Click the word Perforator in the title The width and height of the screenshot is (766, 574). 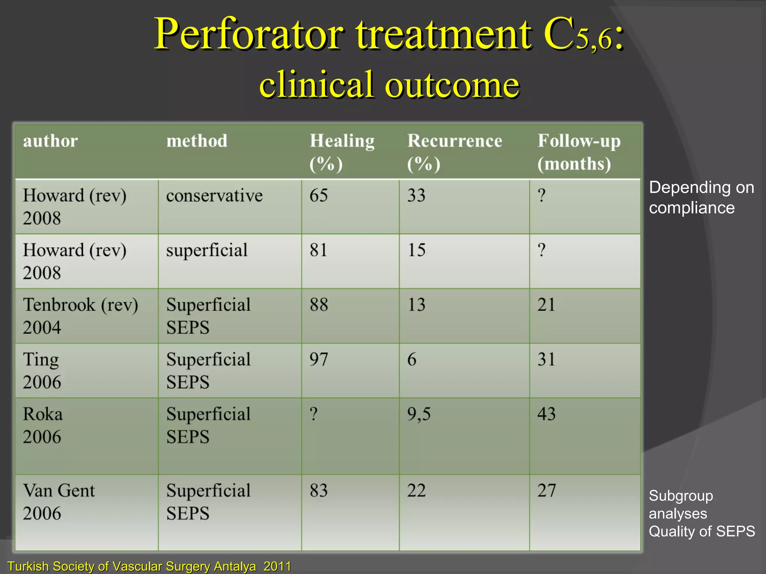(248, 34)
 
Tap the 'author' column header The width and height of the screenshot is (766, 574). (50, 141)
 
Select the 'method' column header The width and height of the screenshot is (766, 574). (197, 141)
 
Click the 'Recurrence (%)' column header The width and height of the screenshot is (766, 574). (454, 152)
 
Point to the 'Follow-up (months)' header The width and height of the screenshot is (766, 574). (579, 152)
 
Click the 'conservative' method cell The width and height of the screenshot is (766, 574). (214, 196)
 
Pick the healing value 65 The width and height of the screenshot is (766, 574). (319, 196)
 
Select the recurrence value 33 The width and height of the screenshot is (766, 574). (416, 196)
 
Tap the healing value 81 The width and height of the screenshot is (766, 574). (318, 250)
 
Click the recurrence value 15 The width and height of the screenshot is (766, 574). (416, 250)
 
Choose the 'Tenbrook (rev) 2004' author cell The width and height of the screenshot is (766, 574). (80, 316)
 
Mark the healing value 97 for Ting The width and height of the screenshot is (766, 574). (319, 359)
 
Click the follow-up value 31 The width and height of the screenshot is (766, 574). (546, 359)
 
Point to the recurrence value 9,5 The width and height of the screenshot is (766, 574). (419, 414)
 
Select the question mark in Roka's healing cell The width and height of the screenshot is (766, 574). (314, 414)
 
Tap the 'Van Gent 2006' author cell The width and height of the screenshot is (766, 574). (59, 502)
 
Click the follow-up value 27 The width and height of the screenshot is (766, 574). (546, 491)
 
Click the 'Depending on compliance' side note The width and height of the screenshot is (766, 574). (701, 197)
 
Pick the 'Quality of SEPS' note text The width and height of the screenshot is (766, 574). (702, 531)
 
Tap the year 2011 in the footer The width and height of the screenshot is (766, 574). (277, 566)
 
